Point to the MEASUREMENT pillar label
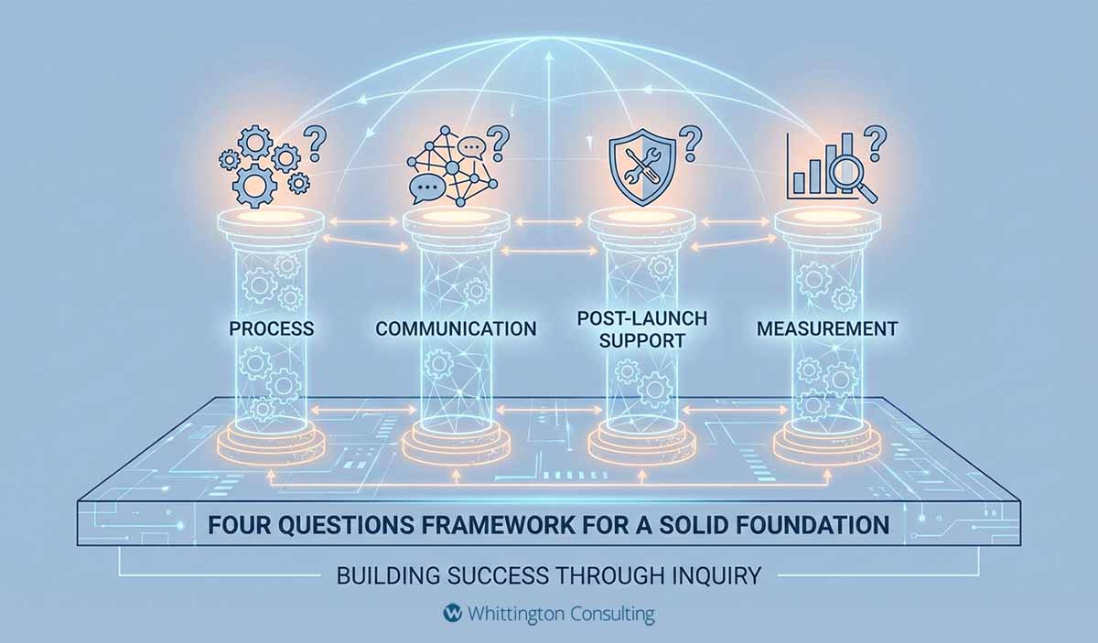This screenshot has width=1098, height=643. (x=827, y=328)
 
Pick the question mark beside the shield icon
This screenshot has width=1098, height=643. (x=691, y=142)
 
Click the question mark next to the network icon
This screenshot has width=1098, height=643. (x=498, y=142)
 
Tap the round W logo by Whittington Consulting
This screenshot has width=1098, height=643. (x=450, y=612)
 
